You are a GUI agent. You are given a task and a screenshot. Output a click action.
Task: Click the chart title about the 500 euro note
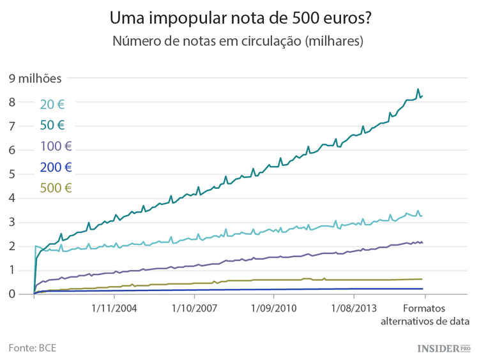coord(240,17)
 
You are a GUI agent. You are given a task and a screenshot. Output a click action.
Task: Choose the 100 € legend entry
coord(56,146)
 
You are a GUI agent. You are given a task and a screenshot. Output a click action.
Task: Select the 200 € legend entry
coord(56,167)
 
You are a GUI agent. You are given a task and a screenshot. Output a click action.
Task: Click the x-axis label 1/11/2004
coord(114,308)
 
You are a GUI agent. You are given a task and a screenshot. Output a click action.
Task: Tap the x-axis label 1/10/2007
coord(194,308)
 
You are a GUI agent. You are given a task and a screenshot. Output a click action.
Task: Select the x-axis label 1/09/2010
coord(273,308)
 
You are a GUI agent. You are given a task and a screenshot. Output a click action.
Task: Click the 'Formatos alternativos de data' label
coord(425,314)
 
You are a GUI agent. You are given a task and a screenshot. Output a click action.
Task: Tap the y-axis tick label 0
coord(12,294)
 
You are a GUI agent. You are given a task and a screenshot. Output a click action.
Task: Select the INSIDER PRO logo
coord(443,349)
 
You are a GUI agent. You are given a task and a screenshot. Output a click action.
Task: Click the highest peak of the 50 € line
coord(418,89)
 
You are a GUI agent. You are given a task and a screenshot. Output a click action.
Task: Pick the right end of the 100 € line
coord(422,243)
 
